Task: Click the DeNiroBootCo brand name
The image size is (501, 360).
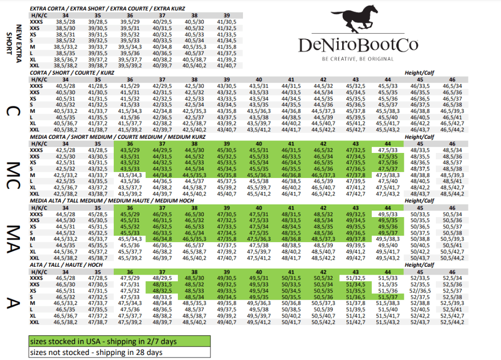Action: [x=358, y=45]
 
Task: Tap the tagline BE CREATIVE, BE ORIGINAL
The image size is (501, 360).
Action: [x=358, y=59]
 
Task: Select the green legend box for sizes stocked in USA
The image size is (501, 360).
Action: [x=119, y=342]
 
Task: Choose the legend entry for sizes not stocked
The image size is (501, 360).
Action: [x=119, y=352]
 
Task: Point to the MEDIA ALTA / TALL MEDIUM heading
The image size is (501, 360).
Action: [x=112, y=201]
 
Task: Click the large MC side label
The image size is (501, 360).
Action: [x=13, y=175]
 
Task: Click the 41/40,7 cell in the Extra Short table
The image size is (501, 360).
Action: [x=226, y=66]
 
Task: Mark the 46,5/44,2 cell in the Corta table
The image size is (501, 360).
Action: [x=452, y=130]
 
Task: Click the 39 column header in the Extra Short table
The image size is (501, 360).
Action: [x=226, y=16]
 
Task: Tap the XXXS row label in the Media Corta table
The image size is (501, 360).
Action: [x=36, y=150]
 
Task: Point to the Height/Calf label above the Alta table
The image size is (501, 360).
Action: [x=419, y=265]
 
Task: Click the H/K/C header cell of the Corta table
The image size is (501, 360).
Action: [x=39, y=79]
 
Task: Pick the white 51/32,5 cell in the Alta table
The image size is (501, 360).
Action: [x=355, y=278]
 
